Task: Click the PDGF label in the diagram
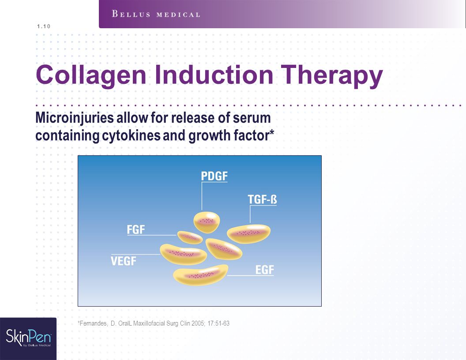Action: tap(214, 176)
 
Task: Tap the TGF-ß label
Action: tap(263, 199)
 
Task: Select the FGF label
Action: tap(136, 229)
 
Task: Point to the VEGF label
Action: tap(123, 261)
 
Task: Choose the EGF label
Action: tap(264, 270)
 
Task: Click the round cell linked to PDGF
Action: tap(207, 222)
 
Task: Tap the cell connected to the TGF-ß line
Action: tap(249, 234)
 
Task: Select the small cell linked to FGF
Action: tap(190, 237)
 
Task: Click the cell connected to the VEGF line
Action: tap(184, 254)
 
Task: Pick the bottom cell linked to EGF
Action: tap(201, 275)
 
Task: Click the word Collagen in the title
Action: tap(91, 75)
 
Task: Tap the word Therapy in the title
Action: tap(332, 75)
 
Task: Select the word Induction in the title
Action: tap(214, 75)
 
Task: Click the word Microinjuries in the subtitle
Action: tap(75, 118)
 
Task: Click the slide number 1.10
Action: tap(44, 26)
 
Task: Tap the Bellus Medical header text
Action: tap(156, 14)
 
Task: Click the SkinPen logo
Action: tap(28, 338)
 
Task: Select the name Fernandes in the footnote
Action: tap(93, 323)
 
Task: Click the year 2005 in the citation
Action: tap(198, 323)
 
